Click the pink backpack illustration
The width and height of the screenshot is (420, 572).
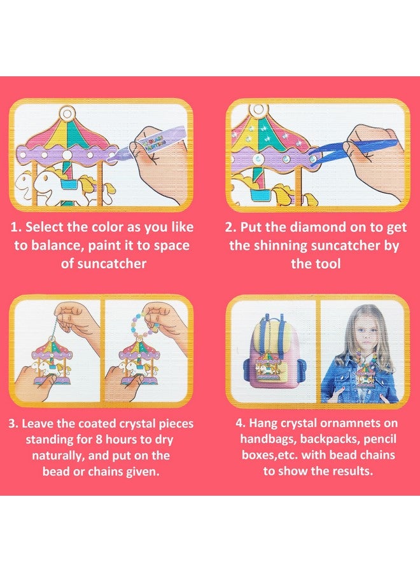click(x=274, y=356)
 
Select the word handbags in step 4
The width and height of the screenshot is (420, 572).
click(x=268, y=440)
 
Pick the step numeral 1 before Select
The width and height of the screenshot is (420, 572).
click(x=14, y=228)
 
